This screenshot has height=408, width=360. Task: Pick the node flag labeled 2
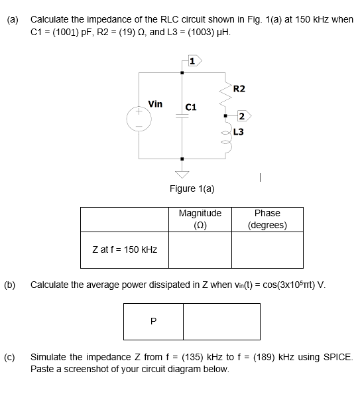click(x=242, y=117)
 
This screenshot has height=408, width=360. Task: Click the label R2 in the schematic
click(x=239, y=88)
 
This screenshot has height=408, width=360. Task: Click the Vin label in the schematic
click(x=155, y=103)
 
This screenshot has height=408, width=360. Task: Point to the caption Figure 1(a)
click(x=192, y=188)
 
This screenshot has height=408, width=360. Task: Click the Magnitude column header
click(x=200, y=219)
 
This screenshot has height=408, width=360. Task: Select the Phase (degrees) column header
click(x=267, y=219)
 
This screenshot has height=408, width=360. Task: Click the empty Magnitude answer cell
click(x=200, y=249)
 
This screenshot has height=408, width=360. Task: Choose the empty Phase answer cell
click(x=267, y=249)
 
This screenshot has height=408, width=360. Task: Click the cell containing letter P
click(x=154, y=321)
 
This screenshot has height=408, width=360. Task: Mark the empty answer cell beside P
click(x=211, y=321)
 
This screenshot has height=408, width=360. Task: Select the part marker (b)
click(x=11, y=285)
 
